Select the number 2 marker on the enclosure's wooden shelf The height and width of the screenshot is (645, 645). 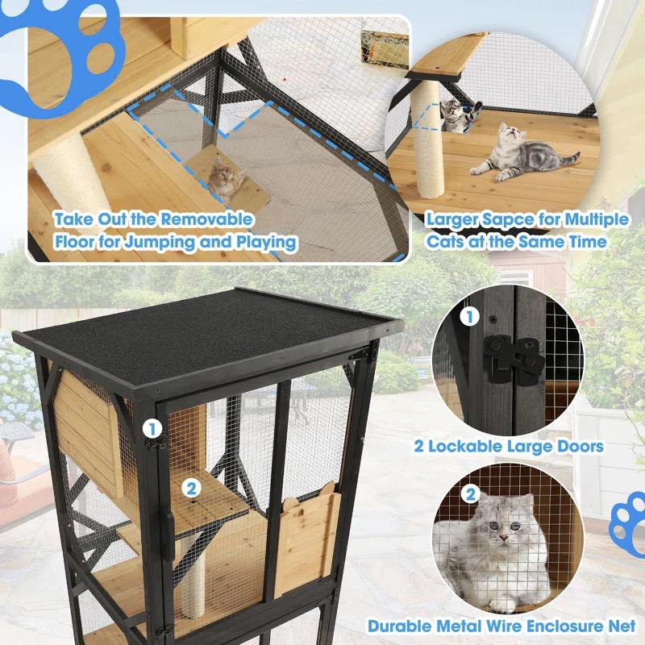pos(191,487)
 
